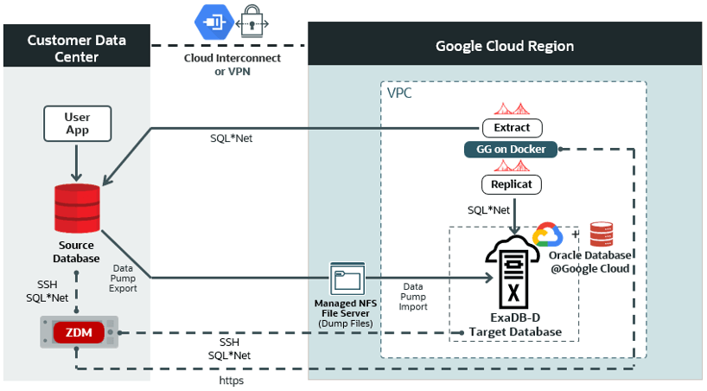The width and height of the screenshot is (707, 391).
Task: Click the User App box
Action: point(77,124)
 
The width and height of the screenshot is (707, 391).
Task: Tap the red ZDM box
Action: point(79,332)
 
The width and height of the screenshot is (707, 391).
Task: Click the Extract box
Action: point(512,128)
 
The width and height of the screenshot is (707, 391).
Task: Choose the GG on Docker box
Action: point(512,150)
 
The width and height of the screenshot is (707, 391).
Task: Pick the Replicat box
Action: point(512,184)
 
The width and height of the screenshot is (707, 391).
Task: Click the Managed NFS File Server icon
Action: point(347,279)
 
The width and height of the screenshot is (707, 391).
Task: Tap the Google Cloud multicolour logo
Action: point(548,235)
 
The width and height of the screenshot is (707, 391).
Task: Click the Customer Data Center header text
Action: point(76,48)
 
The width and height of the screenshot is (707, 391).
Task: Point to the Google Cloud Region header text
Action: point(504,47)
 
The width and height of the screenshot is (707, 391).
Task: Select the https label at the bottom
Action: point(232,379)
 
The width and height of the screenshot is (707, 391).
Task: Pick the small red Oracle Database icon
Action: point(602,234)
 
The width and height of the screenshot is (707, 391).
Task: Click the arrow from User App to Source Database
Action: point(77,161)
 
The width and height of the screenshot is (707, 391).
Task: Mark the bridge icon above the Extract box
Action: point(512,109)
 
